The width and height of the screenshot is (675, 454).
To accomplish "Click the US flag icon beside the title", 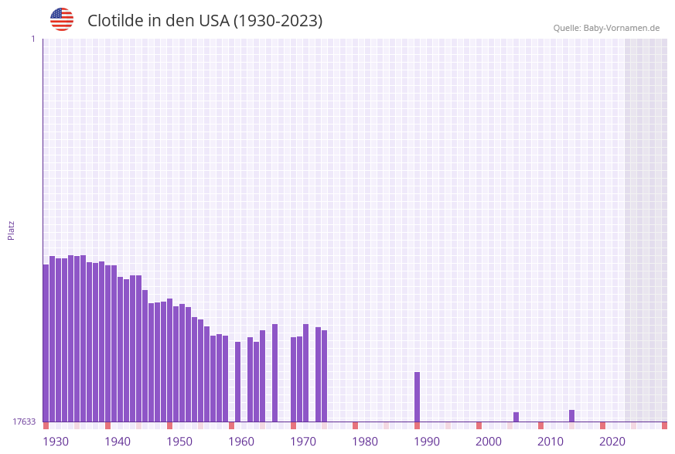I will pos(62,19).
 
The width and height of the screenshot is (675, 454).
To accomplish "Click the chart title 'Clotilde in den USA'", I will pos(205,21).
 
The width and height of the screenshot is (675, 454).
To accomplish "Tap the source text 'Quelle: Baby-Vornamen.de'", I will pos(606,28).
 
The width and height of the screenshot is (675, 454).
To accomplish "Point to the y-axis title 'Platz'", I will pos(11,230).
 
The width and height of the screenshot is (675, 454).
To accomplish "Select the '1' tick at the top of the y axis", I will pos(32,39).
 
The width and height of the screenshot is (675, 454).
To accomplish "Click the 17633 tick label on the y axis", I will pos(24,422).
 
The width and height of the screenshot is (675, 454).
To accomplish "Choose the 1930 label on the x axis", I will pos(56,442).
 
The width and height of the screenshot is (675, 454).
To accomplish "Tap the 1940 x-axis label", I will pos(118,442).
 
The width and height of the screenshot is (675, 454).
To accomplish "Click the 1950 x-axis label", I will pos(179,442).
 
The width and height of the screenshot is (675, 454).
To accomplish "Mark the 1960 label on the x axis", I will pos(241,442).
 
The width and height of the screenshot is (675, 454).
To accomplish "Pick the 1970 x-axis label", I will pos(303,442).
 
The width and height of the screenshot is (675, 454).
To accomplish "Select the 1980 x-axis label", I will pos(365,442).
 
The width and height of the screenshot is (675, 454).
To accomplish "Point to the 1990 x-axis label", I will pos(427,442).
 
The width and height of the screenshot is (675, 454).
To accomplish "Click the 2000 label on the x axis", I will pos(489,442).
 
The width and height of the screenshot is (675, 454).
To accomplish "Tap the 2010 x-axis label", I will pos(551,442).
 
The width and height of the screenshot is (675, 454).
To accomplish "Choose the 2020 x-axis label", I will pos(612,442).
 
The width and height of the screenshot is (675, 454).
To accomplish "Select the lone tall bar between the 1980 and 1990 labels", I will pos(418,397).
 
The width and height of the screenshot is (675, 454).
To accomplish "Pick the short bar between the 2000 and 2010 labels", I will pos(516,417).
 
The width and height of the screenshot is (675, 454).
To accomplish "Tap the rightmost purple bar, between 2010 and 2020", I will pos(572,416).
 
